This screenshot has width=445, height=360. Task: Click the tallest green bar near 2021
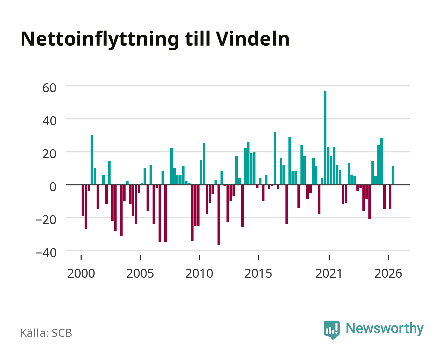(x=325, y=138)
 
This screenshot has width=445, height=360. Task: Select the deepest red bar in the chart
(x=219, y=215)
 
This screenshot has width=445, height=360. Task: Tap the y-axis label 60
(x=49, y=88)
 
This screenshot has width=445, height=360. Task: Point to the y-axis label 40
(x=49, y=121)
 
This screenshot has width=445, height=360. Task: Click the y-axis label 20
(x=49, y=154)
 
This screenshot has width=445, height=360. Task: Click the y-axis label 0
(x=53, y=187)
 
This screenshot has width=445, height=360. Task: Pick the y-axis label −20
(x=46, y=220)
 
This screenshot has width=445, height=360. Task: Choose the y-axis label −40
(x=46, y=253)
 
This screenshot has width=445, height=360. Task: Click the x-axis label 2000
(x=81, y=273)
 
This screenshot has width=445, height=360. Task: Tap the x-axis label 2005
(x=140, y=273)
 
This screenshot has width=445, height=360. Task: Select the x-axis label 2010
(x=199, y=273)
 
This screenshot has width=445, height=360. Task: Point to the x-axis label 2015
(x=258, y=273)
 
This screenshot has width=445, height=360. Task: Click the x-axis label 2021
(x=329, y=273)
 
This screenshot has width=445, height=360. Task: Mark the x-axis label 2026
(x=388, y=273)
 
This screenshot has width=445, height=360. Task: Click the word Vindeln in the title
(x=252, y=39)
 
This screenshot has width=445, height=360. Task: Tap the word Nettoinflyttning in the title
(x=100, y=40)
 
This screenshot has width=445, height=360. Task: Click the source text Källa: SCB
(x=46, y=333)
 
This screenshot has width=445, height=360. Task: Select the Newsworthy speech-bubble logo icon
(x=332, y=330)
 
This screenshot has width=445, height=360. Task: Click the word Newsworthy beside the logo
(x=385, y=329)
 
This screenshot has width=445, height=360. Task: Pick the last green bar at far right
(x=393, y=175)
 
